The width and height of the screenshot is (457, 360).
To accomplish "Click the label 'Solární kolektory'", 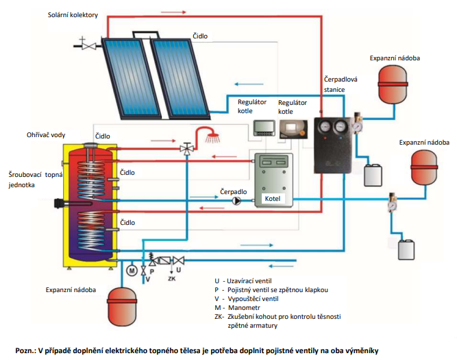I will point(74,14).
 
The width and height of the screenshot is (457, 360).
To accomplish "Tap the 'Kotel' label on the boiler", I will point(273,199).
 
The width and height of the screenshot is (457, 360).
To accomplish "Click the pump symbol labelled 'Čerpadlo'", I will point(237,201).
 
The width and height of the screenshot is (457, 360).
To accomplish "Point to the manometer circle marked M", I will point(132,270).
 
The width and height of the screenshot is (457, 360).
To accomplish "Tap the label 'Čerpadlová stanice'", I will point(338,84).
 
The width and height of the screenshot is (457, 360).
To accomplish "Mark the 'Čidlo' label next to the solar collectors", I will point(200,36).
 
